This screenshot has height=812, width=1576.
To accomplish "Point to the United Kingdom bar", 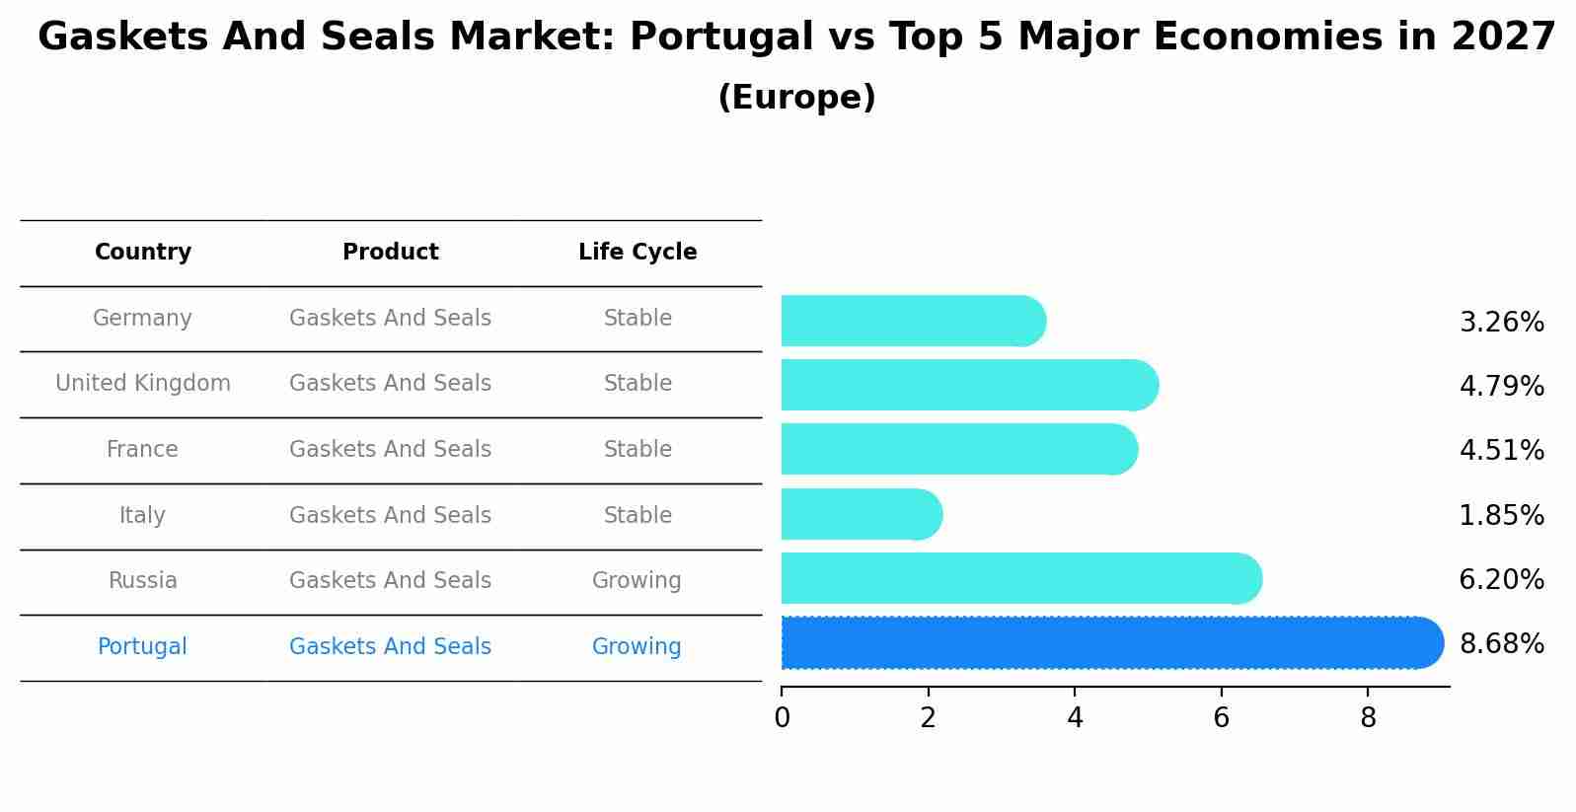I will coord(968,385).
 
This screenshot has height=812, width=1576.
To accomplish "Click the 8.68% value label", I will coord(1501,644).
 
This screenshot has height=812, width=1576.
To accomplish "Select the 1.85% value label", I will coord(1501,515).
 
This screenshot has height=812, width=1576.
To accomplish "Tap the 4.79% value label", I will coord(1501,386).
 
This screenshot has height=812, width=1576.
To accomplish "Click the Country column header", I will coord(143,253).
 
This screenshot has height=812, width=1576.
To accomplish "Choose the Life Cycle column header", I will coord(638,253).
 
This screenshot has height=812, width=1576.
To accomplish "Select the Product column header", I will coord(390,253).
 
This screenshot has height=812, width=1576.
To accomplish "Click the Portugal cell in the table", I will coord(142,647).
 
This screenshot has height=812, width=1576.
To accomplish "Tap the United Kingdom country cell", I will coord(143,384).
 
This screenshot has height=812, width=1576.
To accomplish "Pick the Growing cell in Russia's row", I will coord(637,581).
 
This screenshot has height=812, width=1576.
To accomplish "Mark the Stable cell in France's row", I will coord(638,450).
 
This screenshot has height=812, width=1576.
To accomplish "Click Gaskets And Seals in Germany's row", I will coord(390,319).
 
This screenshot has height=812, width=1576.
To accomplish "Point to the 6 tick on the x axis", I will coord(1221,718).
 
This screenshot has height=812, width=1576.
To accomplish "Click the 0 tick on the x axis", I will coord(782,718).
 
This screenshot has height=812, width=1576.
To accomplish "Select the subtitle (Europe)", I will coord(796,98).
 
